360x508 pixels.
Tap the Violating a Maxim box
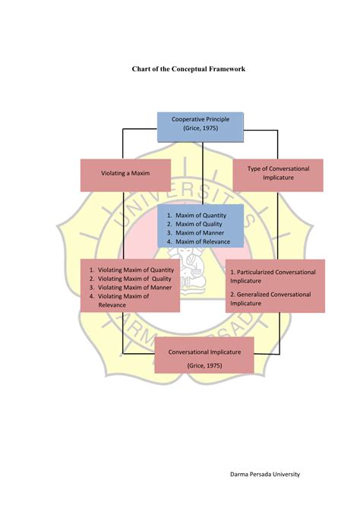[x=126, y=174]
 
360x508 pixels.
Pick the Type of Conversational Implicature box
[x=278, y=174]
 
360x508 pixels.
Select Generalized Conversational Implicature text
[x=273, y=298]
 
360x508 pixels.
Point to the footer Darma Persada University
[x=265, y=475]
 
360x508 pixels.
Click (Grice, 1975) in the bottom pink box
[x=204, y=365]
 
